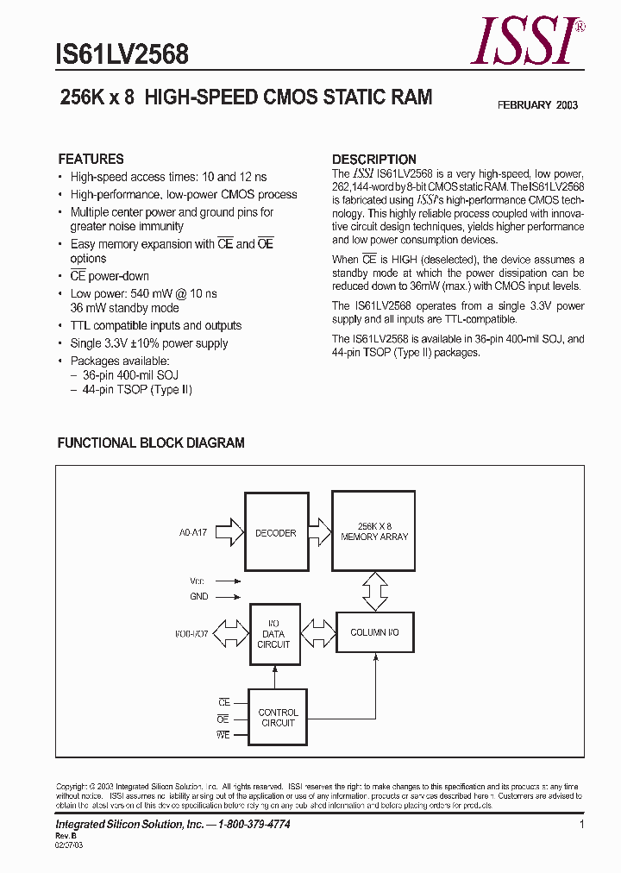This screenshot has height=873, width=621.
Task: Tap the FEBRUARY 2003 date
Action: (537, 105)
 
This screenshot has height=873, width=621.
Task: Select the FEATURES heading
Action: (91, 160)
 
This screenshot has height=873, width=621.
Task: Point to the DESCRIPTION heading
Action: (374, 160)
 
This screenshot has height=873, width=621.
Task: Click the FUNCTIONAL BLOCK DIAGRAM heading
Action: (151, 443)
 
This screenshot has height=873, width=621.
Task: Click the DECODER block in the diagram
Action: (275, 533)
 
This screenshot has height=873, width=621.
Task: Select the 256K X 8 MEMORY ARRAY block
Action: (374, 531)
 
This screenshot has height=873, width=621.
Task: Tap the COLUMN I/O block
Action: (374, 632)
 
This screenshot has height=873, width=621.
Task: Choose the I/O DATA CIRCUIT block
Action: (273, 634)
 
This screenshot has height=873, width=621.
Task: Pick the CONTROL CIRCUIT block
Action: (278, 718)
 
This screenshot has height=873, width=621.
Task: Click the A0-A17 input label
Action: (196, 533)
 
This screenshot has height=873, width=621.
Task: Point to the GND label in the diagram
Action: (199, 596)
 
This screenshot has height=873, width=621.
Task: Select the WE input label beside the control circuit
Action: (223, 734)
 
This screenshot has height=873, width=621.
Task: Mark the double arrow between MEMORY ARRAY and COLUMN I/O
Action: (375, 591)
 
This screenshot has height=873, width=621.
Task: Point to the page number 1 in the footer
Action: (582, 826)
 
